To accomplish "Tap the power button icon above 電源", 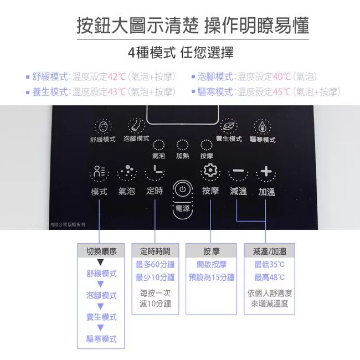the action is click(x=183, y=189).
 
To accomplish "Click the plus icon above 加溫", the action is click(x=266, y=171).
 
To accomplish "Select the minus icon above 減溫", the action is click(x=238, y=171).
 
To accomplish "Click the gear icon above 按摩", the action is click(x=210, y=170).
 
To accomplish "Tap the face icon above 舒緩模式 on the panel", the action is click(x=103, y=126).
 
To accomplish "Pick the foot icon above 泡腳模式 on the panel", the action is click(x=136, y=126).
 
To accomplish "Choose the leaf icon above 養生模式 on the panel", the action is click(x=229, y=126).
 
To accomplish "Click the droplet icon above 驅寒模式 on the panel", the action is click(x=262, y=126).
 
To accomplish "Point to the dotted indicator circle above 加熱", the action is click(x=183, y=145).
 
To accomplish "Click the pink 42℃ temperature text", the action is click(x=117, y=76).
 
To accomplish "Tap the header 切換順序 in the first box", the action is click(x=101, y=251).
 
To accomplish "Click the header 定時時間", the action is click(x=155, y=251).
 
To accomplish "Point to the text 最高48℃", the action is click(x=269, y=277).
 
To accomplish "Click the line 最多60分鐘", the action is click(x=155, y=265).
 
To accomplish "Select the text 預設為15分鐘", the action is click(x=211, y=277).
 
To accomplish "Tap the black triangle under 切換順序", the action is click(x=100, y=262).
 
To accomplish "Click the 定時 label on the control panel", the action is click(x=155, y=191).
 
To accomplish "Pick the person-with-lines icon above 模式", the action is click(x=99, y=171).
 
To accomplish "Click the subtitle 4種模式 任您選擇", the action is click(x=181, y=53).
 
